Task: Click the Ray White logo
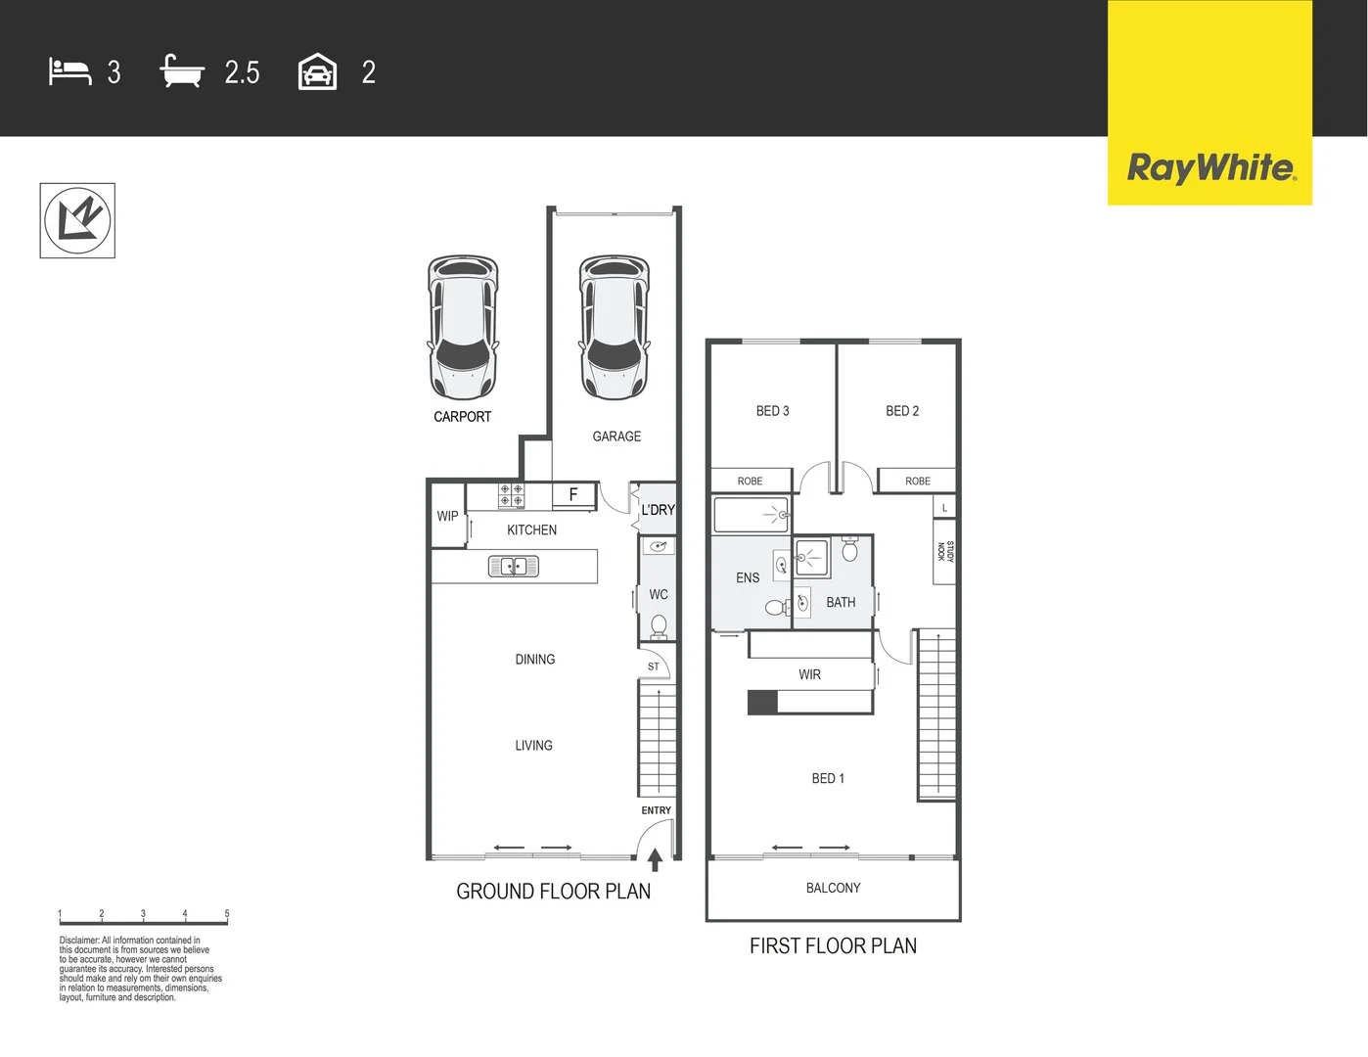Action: point(1210,167)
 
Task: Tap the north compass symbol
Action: point(77,220)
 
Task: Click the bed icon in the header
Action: point(69,72)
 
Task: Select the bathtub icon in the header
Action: point(182,72)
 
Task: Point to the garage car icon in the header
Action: point(317,72)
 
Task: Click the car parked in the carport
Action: point(463,327)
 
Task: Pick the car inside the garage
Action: point(615,327)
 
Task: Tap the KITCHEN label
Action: point(531,530)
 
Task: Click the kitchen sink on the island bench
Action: point(514,566)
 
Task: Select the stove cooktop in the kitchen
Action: point(511,495)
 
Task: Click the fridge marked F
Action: point(573,495)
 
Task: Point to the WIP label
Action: point(447,517)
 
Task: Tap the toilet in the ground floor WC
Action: point(659,625)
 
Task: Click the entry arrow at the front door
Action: point(655,860)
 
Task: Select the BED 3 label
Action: point(772,411)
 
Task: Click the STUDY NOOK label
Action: point(944,552)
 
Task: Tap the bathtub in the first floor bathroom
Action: point(751,515)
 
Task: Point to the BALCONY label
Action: point(833,889)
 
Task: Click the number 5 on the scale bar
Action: point(227,914)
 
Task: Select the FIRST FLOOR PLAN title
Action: point(833,946)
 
